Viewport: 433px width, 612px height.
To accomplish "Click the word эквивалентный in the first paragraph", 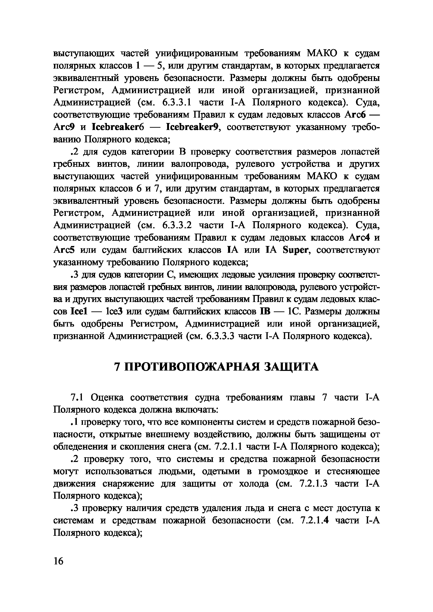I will pyautogui.click(x=86, y=78).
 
